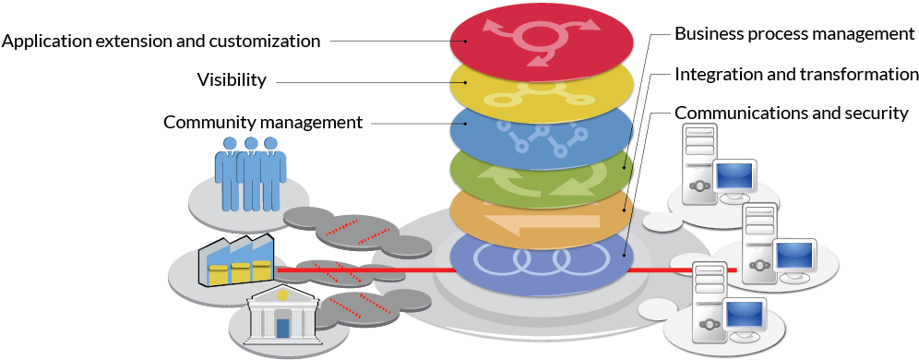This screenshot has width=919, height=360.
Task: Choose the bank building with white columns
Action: (283, 316)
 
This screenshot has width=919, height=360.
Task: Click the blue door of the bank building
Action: (283, 328)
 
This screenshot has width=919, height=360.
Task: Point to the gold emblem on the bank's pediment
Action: (283, 295)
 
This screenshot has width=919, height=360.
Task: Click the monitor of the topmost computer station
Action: (734, 175)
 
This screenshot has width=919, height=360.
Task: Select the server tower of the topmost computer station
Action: (699, 163)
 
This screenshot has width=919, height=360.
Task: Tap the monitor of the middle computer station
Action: (794, 255)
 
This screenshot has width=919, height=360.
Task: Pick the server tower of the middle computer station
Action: (759, 242)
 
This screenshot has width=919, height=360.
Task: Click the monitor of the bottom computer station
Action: (745, 314)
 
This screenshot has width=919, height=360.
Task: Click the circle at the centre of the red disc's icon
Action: (540, 38)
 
